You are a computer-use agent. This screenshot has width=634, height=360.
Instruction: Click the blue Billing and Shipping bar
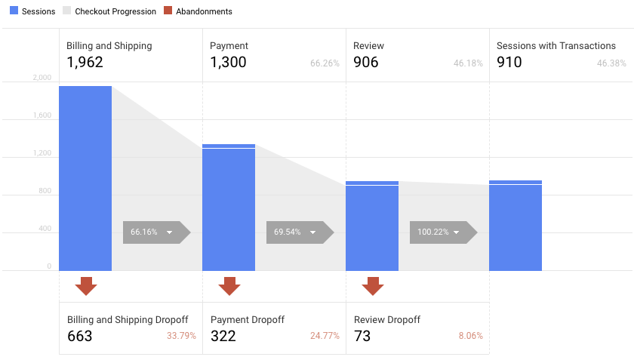coord(85,178)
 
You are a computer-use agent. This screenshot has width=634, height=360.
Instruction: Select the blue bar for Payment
coord(229,208)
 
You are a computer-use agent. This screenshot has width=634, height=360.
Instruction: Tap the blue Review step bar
coord(372,226)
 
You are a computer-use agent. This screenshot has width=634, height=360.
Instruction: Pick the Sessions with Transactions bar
coord(516,226)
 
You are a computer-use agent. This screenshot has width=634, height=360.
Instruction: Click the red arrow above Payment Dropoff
coord(229,286)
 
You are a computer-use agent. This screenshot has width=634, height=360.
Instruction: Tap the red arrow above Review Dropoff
coord(373,286)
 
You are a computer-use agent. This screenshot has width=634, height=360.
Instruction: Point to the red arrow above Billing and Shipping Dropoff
coord(86,286)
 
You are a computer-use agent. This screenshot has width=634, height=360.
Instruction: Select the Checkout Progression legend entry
coord(109,12)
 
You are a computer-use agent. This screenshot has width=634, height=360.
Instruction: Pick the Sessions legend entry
coord(32,12)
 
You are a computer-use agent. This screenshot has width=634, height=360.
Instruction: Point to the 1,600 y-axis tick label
coord(42,115)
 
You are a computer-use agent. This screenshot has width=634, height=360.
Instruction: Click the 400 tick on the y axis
coord(45,229)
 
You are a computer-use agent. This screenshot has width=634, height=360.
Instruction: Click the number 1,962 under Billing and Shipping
coord(85,63)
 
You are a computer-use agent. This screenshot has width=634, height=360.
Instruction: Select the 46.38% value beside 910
coord(611,63)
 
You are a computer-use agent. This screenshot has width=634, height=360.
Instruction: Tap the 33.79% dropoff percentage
coord(181,336)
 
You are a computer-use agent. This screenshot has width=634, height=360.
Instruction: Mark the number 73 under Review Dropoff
coord(362,336)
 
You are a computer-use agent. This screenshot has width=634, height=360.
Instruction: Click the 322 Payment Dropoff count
coord(223,336)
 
